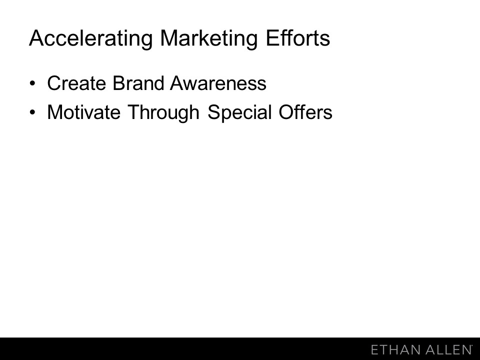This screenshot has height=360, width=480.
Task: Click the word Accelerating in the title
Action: pos(90,39)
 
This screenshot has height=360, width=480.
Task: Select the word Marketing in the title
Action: pos(209,39)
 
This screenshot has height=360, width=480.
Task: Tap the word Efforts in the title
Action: pos(298,38)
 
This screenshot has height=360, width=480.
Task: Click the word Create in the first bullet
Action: pos(76,83)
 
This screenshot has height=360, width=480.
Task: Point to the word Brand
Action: pos(138,83)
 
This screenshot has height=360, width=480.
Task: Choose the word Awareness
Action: pos(218,83)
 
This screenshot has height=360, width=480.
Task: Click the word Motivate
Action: pos(84,112)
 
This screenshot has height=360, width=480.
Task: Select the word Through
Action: pos(163,113)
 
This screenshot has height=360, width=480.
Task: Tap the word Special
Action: pos(239,113)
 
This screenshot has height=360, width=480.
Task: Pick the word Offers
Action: pos(305,112)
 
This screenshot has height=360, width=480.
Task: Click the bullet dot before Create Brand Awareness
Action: pos(32,84)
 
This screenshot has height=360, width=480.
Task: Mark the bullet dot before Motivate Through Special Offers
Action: pos(32,112)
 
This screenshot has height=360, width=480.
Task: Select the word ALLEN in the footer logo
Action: pos(449,349)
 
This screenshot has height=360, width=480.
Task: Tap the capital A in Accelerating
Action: pos(36,38)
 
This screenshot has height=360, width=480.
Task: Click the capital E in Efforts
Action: pos(272,38)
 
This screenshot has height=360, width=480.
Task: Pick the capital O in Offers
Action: pos(286,112)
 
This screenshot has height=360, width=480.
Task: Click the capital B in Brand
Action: pos(119,83)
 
